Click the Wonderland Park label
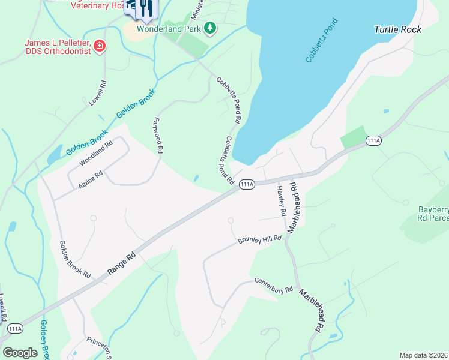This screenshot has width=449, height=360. click(x=169, y=28)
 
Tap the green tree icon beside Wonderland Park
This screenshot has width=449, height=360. click(x=209, y=28)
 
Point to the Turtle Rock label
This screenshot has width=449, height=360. click(x=397, y=29)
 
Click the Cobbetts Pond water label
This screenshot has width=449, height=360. click(x=322, y=41)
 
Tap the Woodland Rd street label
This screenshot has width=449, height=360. click(x=96, y=154)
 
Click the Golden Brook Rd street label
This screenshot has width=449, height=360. click(x=75, y=259)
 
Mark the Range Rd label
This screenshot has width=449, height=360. click(x=123, y=262)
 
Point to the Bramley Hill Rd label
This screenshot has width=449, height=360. click(x=259, y=239)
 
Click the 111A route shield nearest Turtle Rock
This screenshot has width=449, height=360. click(x=373, y=140)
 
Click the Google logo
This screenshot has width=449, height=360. click(x=20, y=352)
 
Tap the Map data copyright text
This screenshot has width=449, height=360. click(x=424, y=355)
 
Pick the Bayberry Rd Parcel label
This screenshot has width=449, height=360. click(x=433, y=214)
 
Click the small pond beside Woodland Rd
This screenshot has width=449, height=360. click(x=53, y=154)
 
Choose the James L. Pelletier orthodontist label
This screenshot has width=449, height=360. click(x=58, y=47)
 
